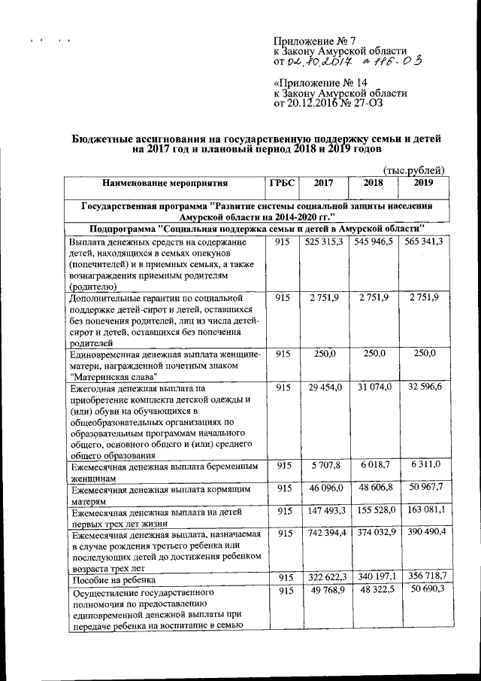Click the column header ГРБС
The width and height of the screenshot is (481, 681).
pyautogui.click(x=283, y=182)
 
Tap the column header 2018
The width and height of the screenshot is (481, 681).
pyautogui.click(x=374, y=182)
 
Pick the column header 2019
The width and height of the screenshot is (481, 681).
pyautogui.click(x=424, y=182)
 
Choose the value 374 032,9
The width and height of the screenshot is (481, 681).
pyautogui.click(x=374, y=534)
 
